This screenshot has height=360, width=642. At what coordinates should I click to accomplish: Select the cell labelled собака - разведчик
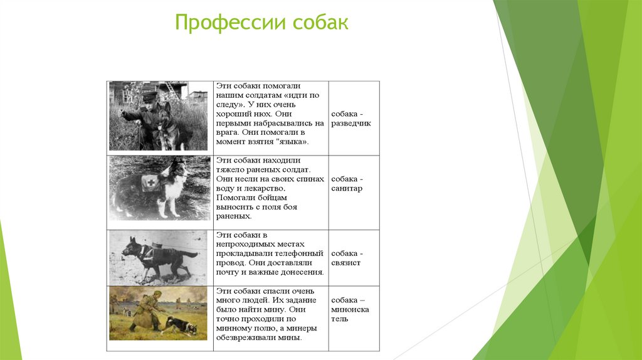tap(354, 119)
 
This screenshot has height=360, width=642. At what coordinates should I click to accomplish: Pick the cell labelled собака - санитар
tap(354, 184)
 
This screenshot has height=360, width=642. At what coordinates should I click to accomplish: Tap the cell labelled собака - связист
tap(354, 258)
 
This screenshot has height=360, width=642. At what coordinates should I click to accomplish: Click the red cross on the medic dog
tap(149, 183)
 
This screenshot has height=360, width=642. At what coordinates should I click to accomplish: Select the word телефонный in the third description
tap(303, 253)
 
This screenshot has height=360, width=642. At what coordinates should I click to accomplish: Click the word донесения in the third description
tap(303, 272)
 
